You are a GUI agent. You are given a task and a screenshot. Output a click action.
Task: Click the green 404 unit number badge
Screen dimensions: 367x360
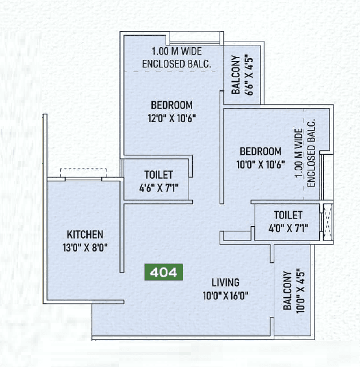pyautogui.click(x=164, y=271)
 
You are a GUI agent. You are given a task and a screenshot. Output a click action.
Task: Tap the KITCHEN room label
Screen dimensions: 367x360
pyautogui.click(x=85, y=234)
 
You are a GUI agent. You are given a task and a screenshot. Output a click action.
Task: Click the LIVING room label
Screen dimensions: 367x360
pyautogui.click(x=225, y=282)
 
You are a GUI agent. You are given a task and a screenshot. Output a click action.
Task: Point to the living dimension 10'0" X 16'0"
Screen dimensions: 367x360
pyautogui.click(x=225, y=296)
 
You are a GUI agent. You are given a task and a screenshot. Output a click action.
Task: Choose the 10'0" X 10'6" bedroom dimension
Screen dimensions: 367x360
pyautogui.click(x=261, y=164)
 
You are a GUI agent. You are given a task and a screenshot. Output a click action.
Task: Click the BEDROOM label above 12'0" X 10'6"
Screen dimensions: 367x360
pyautogui.click(x=171, y=105)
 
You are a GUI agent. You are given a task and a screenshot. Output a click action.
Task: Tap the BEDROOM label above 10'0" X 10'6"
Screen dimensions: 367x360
pyautogui.click(x=261, y=152)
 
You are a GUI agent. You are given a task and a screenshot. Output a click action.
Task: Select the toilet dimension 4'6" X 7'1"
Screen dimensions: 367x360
pyautogui.click(x=159, y=187)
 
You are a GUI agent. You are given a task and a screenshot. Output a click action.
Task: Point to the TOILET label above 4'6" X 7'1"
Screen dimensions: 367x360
pyautogui.click(x=159, y=175)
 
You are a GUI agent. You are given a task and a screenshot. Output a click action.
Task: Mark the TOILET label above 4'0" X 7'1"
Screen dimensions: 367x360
pyautogui.click(x=288, y=215)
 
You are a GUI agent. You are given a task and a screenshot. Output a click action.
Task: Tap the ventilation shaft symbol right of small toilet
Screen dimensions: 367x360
pyautogui.click(x=328, y=221)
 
